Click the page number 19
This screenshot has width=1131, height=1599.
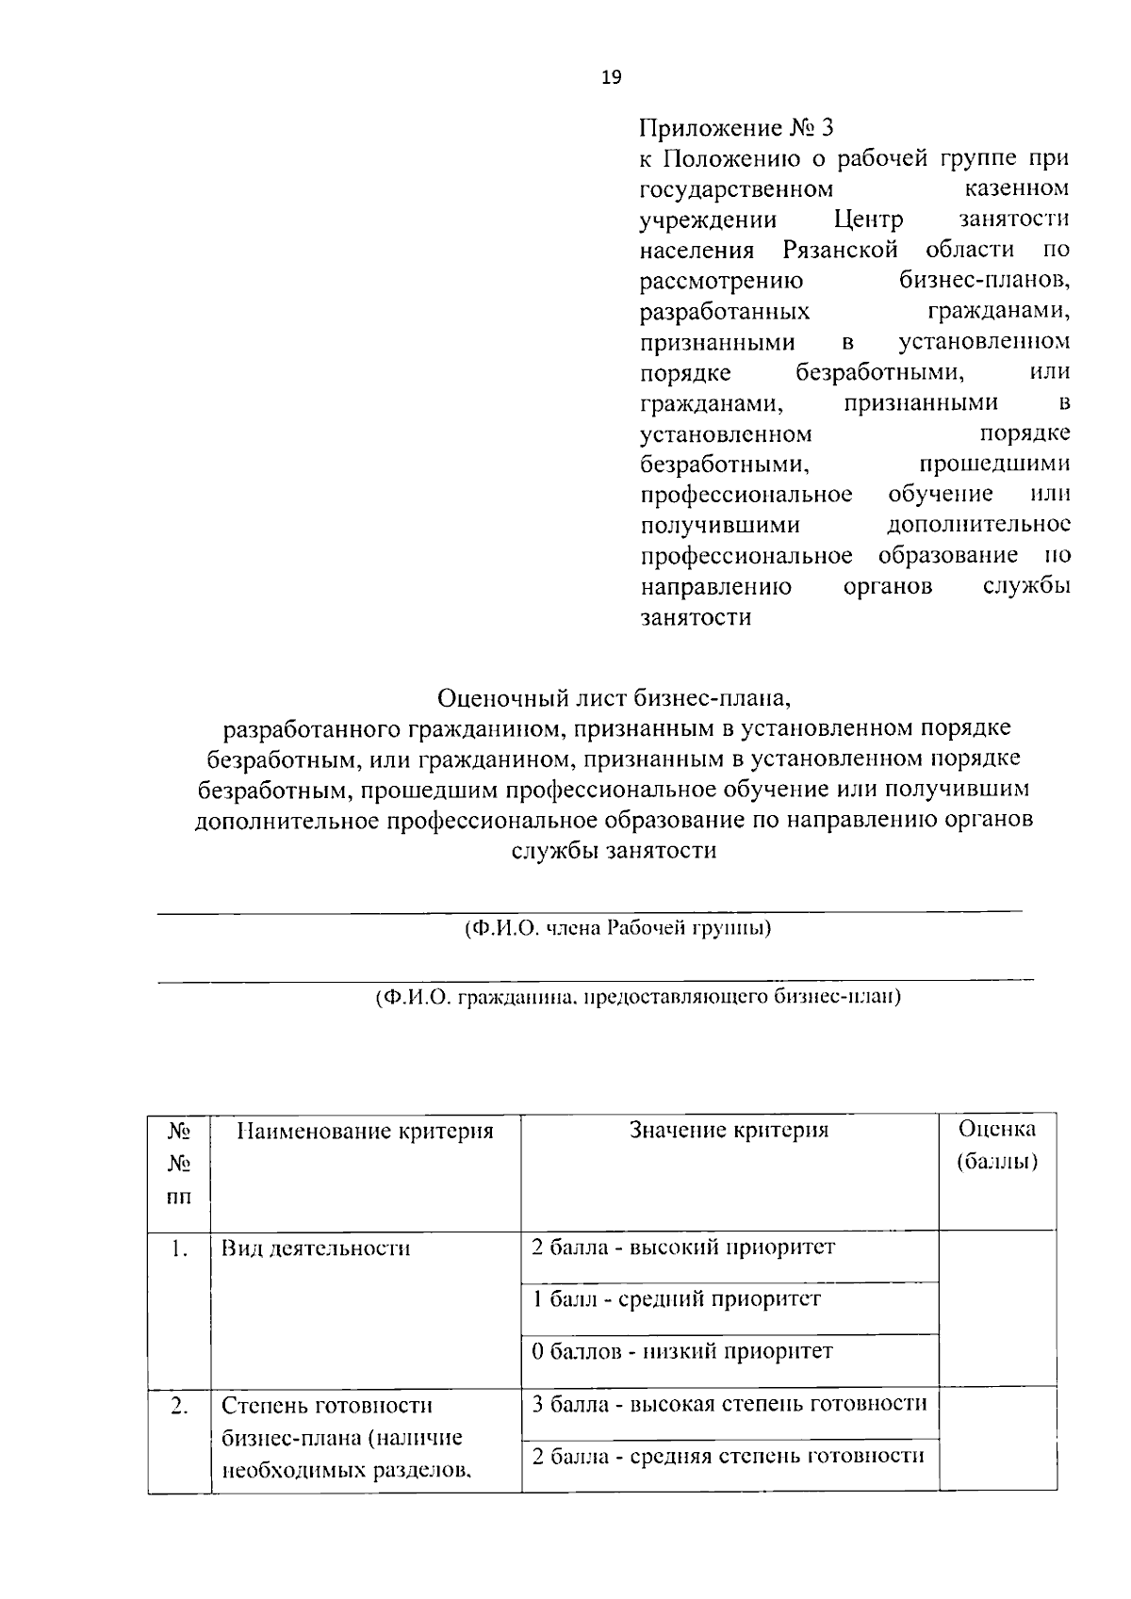click(611, 78)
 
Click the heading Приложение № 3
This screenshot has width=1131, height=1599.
click(737, 127)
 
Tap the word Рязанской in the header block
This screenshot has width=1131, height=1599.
click(840, 250)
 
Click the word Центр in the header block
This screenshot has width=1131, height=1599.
click(868, 220)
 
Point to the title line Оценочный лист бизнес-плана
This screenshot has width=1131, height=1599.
click(612, 698)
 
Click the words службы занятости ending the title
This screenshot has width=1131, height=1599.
click(614, 850)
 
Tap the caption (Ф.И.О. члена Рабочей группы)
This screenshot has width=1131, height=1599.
click(618, 928)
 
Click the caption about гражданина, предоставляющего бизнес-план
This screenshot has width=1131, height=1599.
click(637, 996)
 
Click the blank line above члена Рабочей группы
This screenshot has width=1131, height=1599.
click(589, 910)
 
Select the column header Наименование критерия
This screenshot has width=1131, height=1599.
click(365, 1131)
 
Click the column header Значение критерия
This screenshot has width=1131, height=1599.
click(729, 1130)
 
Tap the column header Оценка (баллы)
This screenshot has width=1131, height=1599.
click(996, 1145)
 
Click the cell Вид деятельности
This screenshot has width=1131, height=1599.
click(316, 1249)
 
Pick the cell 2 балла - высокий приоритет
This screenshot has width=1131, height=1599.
click(683, 1248)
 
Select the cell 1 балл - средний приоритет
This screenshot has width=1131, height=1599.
click(676, 1299)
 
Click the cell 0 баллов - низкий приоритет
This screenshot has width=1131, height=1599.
click(682, 1352)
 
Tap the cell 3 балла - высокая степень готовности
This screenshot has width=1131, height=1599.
click(729, 1404)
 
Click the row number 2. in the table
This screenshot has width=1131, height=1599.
click(179, 1406)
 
